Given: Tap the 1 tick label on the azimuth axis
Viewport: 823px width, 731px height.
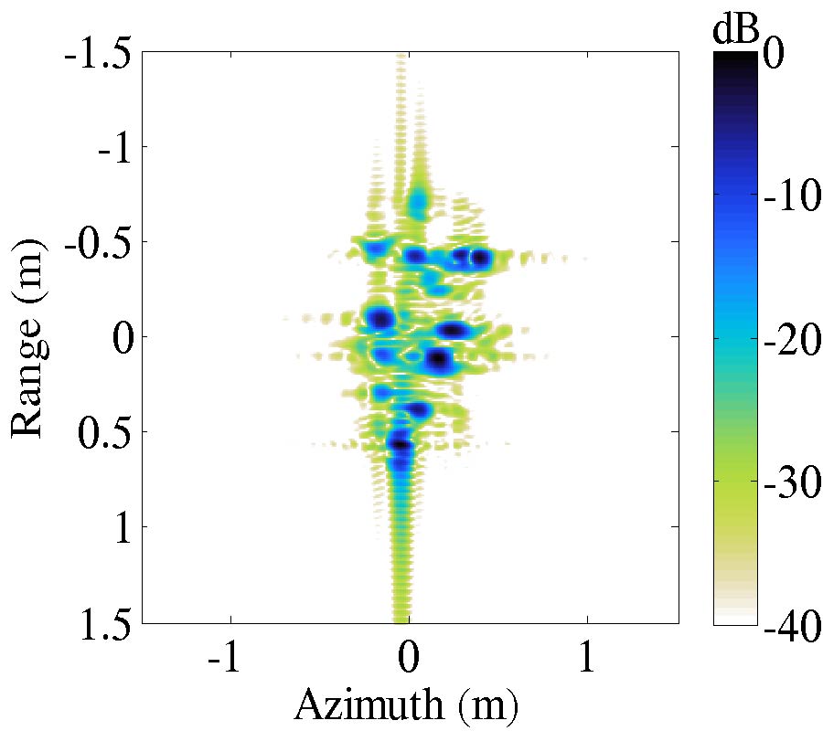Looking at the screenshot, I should pyautogui.click(x=587, y=658).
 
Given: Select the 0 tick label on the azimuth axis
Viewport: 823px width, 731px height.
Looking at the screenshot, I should pyautogui.click(x=410, y=658).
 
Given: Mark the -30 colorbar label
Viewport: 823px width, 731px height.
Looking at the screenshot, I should pyautogui.click(x=788, y=482).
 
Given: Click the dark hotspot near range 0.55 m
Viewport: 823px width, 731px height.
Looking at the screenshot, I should pyautogui.click(x=400, y=444).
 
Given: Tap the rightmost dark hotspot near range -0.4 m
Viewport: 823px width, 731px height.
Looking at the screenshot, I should pyautogui.click(x=479, y=259).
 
